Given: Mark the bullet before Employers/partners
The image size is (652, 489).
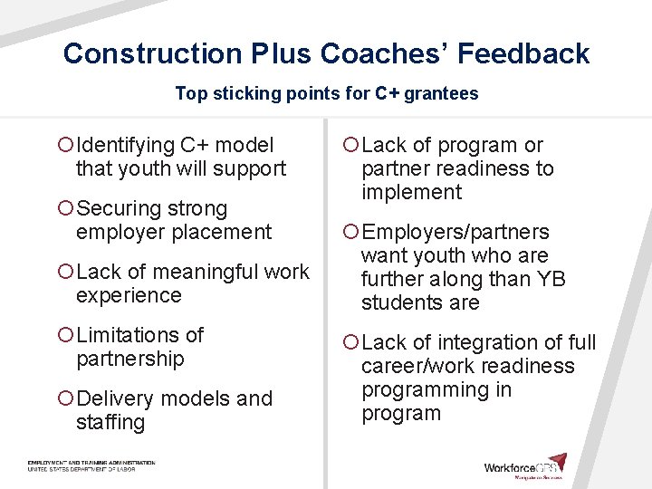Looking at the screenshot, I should click(x=350, y=232).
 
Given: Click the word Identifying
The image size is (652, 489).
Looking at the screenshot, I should click(x=126, y=145).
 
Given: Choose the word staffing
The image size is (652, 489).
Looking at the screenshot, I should click(x=110, y=422).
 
